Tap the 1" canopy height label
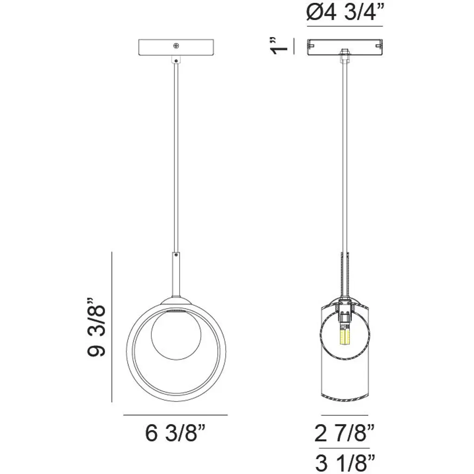click(279, 46)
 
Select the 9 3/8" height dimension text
click(96, 327)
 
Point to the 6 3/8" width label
click(175, 433)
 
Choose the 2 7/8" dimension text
click(344, 433)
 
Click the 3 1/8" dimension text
click(345, 463)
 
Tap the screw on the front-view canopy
click(176, 46)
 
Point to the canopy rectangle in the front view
click(176, 47)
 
